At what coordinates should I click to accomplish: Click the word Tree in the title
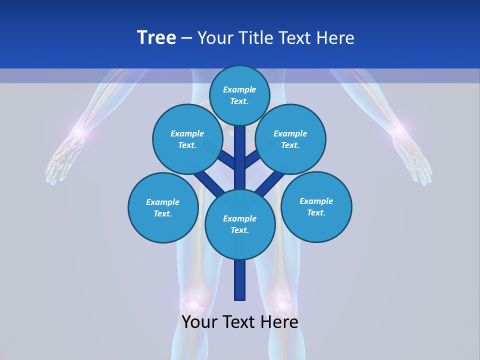pos(156,38)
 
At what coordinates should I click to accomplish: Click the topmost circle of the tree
pos(239,95)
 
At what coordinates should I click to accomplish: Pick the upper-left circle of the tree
pos(187,139)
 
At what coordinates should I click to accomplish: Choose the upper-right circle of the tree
pos(290,139)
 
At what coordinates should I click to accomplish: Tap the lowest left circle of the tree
pos(163,207)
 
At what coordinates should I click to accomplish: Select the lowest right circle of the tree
pos(316,206)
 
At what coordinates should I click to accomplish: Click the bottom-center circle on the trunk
pos(240,224)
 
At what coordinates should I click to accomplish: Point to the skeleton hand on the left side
pos(62,160)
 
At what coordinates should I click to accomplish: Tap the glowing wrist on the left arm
pos(78,133)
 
